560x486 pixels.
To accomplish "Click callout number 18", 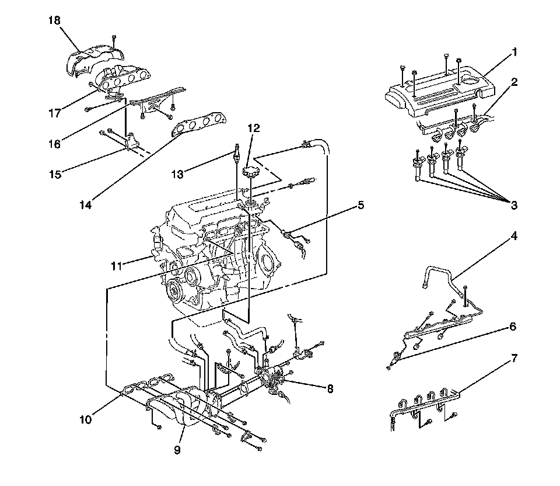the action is tap(55, 20).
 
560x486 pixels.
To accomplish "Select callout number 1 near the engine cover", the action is tap(514, 52).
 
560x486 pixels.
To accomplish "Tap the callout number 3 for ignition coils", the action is tap(514, 205).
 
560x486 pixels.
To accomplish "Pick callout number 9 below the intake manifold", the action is tap(177, 450).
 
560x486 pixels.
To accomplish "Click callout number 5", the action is tap(360, 205).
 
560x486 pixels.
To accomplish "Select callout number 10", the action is tap(86, 419).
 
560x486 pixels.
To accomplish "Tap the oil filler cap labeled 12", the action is tap(250, 171).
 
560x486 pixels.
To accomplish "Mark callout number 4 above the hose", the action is tap(514, 236).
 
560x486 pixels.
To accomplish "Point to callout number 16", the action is tap(55, 144).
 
